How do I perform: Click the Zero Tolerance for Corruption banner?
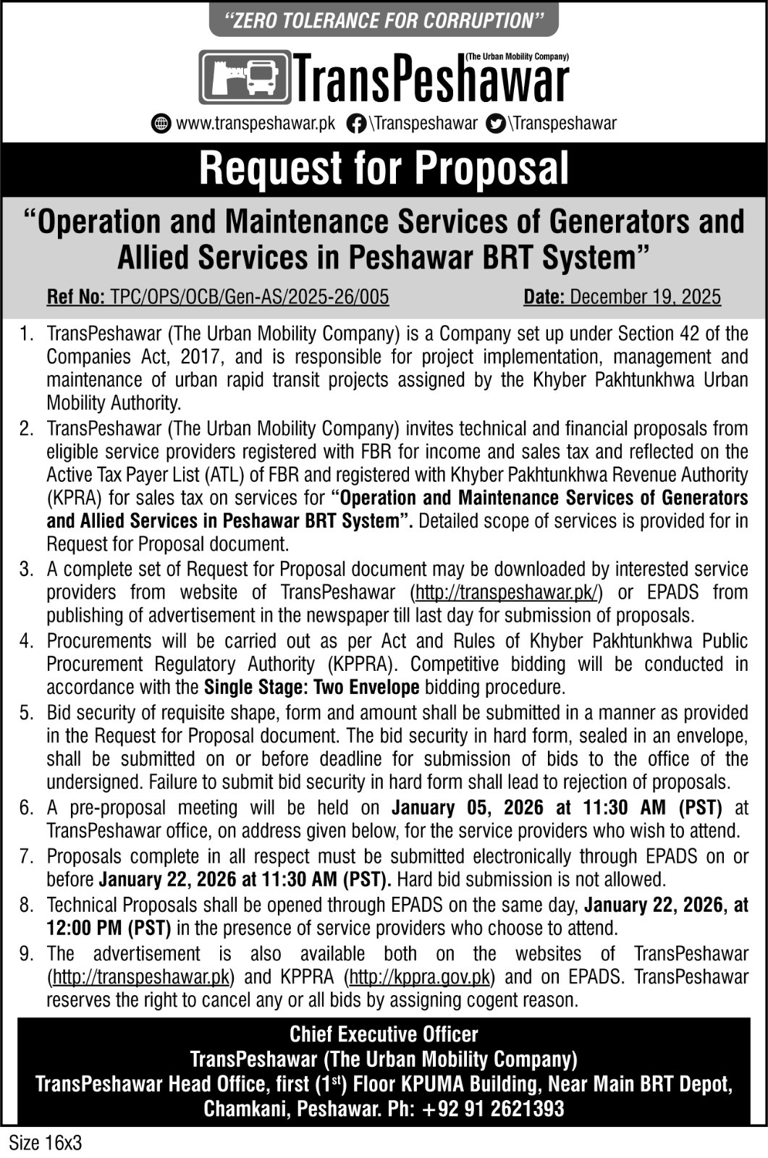(384, 20)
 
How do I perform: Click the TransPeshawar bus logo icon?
(245, 77)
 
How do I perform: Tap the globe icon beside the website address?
(161, 123)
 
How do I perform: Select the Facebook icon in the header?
(355, 123)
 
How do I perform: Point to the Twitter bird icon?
(496, 123)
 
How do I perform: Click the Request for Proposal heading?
(384, 169)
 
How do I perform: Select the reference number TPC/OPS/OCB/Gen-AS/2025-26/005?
(249, 297)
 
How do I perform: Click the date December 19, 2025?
(645, 297)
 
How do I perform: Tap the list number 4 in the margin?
(27, 641)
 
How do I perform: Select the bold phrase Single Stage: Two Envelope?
(312, 687)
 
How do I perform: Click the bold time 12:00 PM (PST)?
(109, 928)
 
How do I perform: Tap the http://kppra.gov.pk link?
(420, 977)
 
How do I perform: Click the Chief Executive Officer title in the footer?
(384, 1034)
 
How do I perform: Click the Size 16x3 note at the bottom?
(45, 1144)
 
